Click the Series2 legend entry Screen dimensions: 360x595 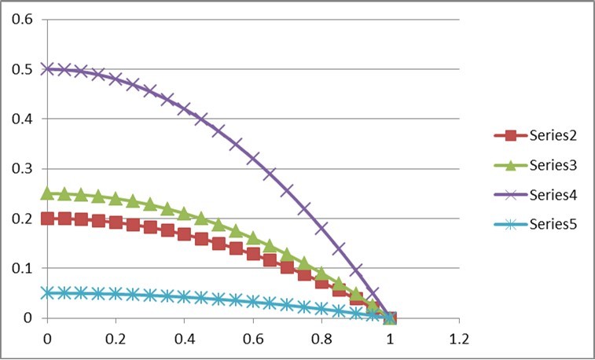pyautogui.click(x=542, y=135)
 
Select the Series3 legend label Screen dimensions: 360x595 pyautogui.click(x=542, y=165)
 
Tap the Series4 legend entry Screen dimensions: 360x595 pyautogui.click(x=542, y=194)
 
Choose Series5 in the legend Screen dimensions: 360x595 pyautogui.click(x=542, y=224)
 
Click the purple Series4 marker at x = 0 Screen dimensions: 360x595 pyautogui.click(x=47, y=69)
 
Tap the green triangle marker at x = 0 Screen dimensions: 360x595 pyautogui.click(x=47, y=193)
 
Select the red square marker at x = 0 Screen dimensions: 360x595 pyautogui.click(x=47, y=219)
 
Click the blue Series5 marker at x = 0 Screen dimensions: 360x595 pyautogui.click(x=47, y=293)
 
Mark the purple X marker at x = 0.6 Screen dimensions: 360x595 pyautogui.click(x=253, y=159)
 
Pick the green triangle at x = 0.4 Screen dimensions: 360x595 pyautogui.click(x=184, y=213)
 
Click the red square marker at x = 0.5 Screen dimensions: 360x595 pyautogui.click(x=219, y=243)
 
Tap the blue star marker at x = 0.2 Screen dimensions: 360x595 pyautogui.click(x=116, y=294)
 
